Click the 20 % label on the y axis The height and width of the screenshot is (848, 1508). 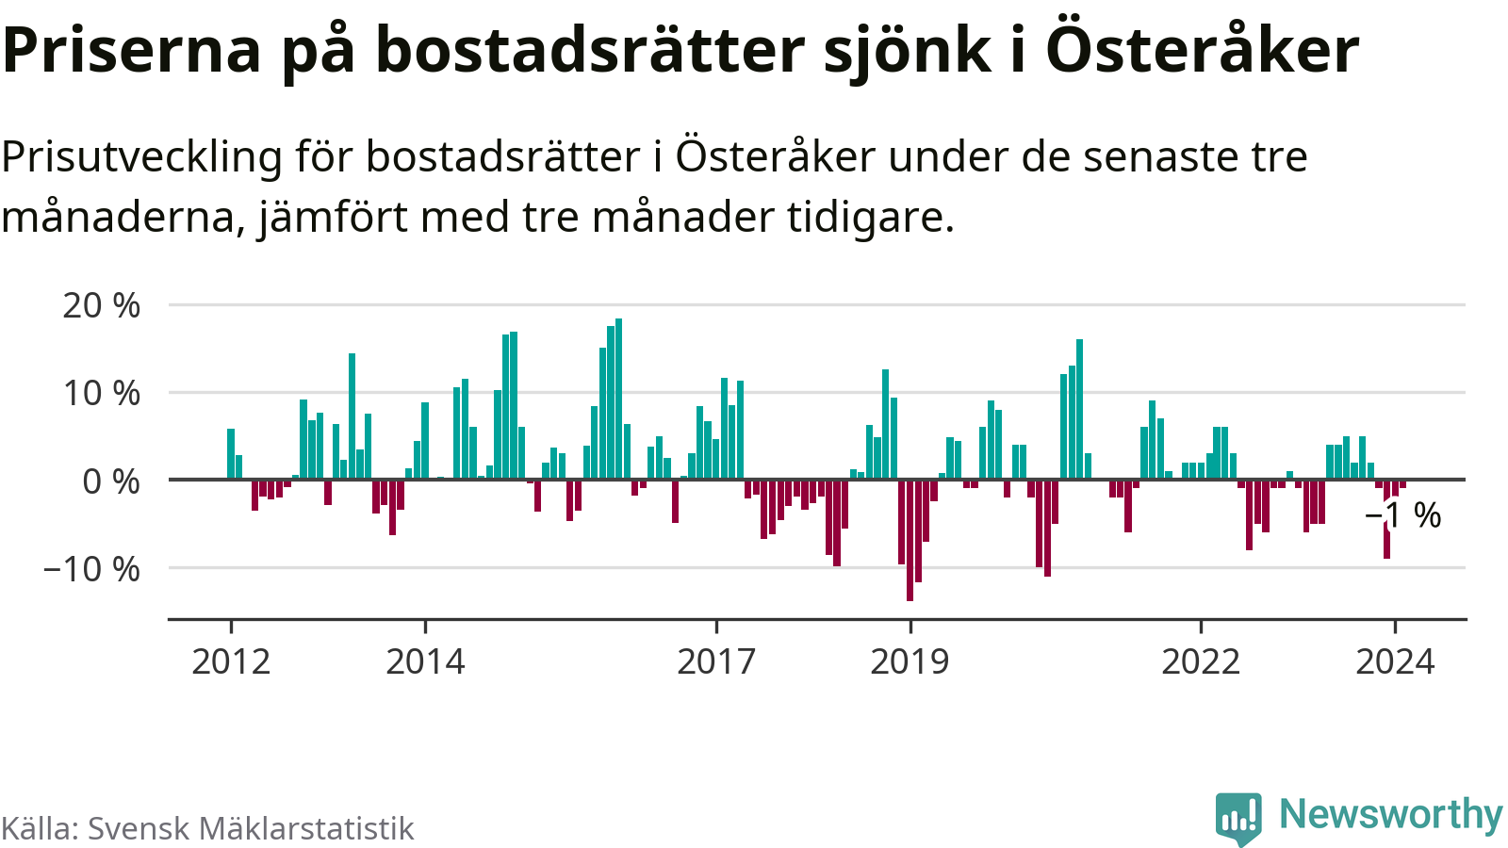pyautogui.click(x=101, y=305)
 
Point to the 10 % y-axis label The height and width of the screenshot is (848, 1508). pyautogui.click(x=101, y=393)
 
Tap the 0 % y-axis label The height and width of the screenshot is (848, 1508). pyautogui.click(x=110, y=481)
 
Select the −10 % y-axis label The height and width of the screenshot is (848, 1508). pyautogui.click(x=91, y=569)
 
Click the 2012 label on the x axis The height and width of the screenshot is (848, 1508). pyautogui.click(x=231, y=661)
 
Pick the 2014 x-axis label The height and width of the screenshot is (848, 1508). pyautogui.click(x=425, y=661)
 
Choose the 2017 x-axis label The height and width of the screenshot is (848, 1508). pyautogui.click(x=716, y=661)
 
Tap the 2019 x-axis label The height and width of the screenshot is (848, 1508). pyautogui.click(x=910, y=661)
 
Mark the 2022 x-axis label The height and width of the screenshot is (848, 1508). pyautogui.click(x=1201, y=661)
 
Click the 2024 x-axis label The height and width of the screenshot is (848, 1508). pyautogui.click(x=1395, y=661)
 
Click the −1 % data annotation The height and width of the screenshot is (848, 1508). pyautogui.click(x=1403, y=515)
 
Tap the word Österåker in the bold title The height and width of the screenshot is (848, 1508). pyautogui.click(x=1203, y=49)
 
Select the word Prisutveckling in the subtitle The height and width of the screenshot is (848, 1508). pyautogui.click(x=141, y=156)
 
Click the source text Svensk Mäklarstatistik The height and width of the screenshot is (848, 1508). pyautogui.click(x=251, y=828)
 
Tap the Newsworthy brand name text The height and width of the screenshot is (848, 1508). pyautogui.click(x=1390, y=814)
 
